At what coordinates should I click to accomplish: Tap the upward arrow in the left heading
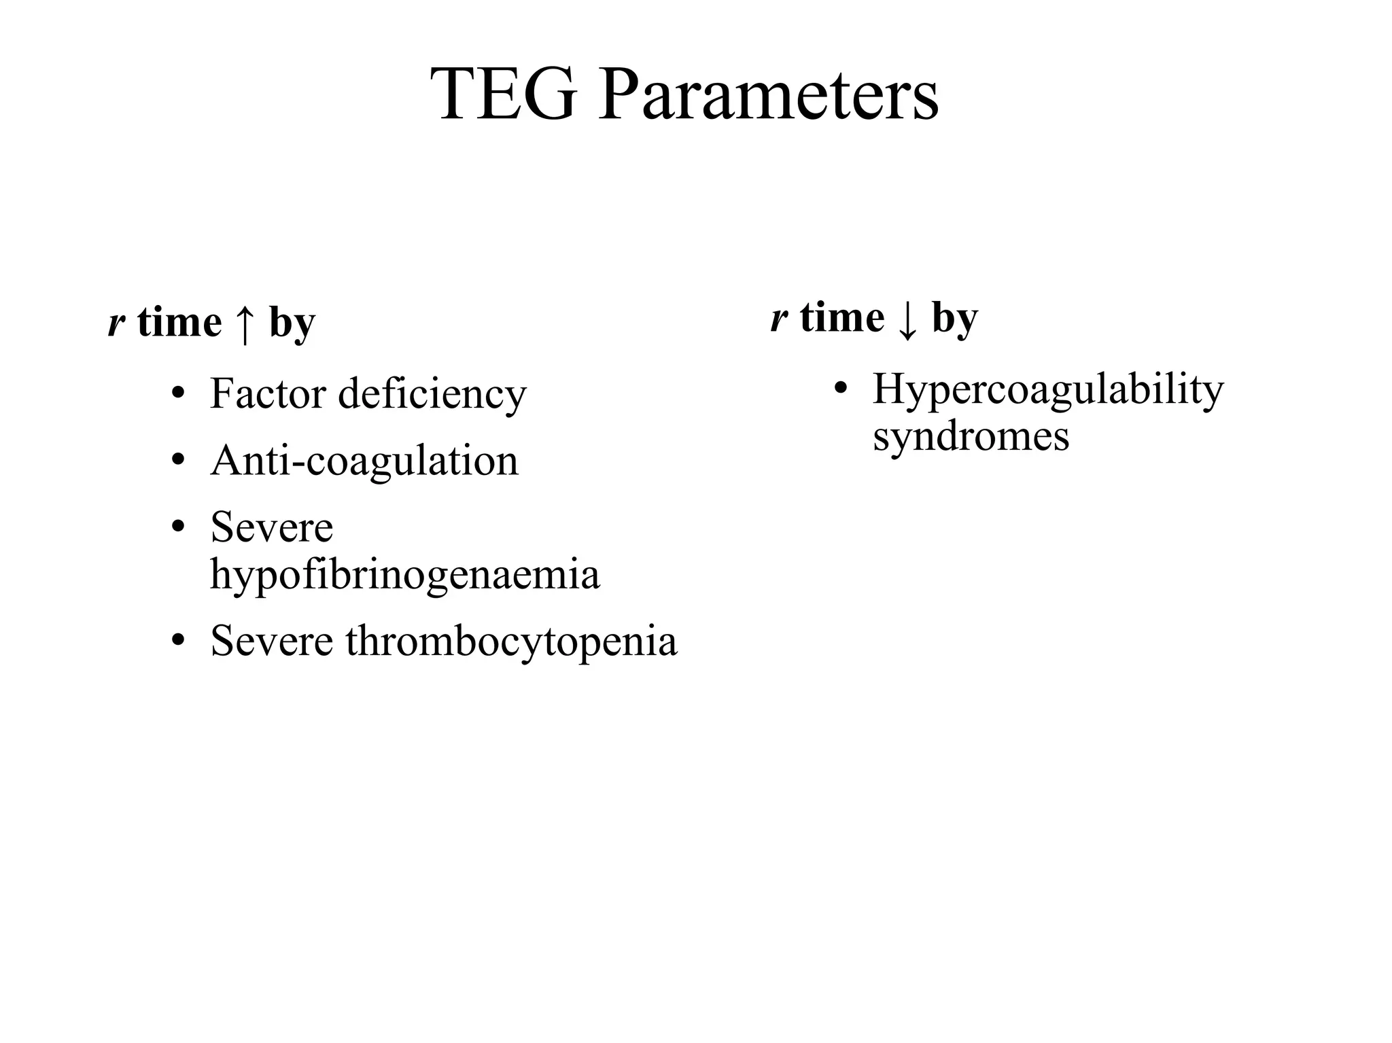[x=245, y=324]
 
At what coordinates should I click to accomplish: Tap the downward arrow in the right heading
[x=908, y=320]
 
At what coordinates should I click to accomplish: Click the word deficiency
[x=432, y=395]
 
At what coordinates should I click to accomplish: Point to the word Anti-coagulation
[x=364, y=461]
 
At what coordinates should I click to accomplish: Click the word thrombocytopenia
[x=511, y=641]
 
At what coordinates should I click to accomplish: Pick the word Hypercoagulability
[x=1048, y=390]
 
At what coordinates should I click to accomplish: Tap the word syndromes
[x=971, y=436]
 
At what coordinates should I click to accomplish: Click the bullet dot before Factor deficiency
[x=178, y=393]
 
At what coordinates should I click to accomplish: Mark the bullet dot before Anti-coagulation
[x=178, y=461]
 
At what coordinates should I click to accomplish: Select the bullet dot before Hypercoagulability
[x=841, y=389]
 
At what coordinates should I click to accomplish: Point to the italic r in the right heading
[x=779, y=319]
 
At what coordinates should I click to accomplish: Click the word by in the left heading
[x=292, y=323]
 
